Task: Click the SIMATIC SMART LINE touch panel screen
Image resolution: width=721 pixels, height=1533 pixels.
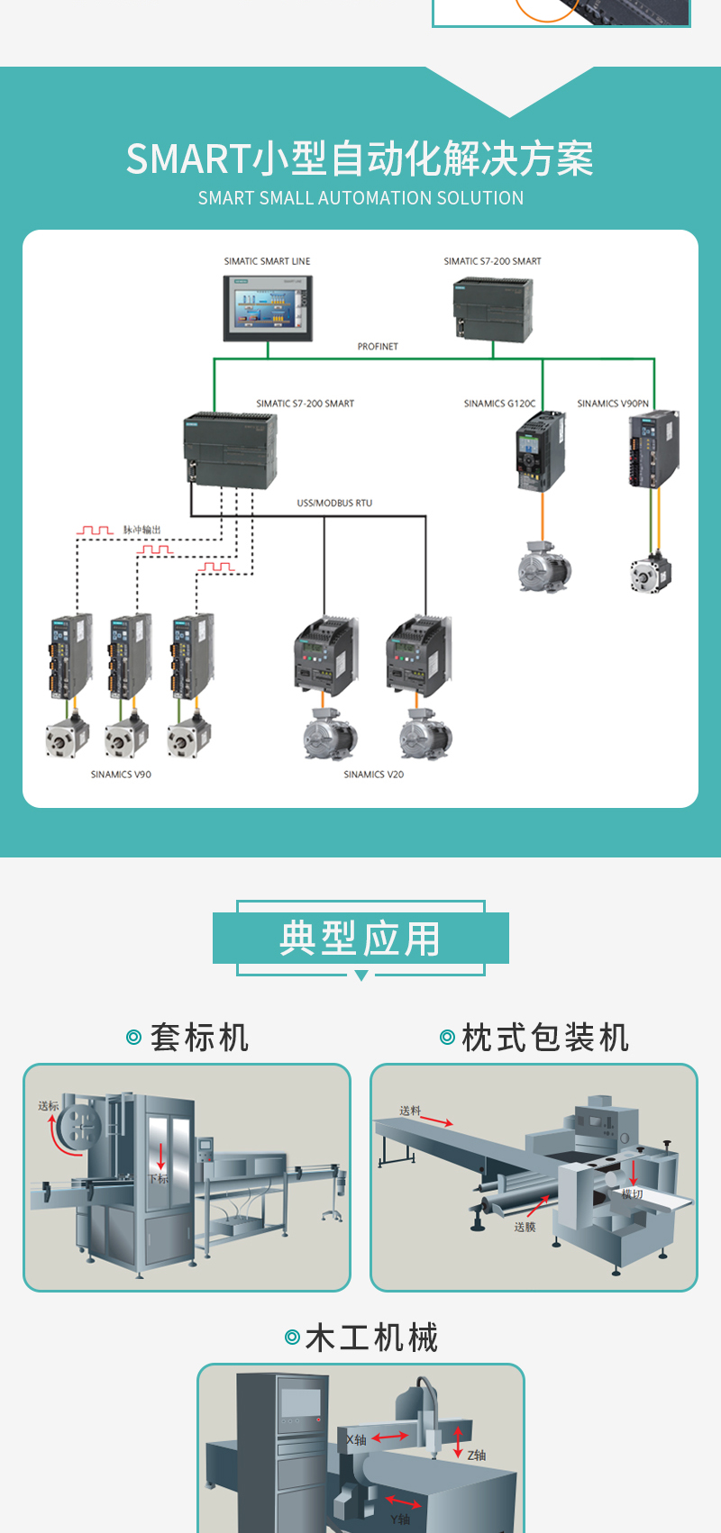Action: point(268,308)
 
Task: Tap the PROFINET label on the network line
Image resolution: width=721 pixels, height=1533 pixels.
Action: point(377,347)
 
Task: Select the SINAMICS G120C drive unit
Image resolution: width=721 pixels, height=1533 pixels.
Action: point(540,450)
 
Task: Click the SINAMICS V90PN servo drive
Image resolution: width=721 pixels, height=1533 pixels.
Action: point(653,449)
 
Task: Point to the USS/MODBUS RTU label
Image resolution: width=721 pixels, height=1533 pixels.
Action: point(334,503)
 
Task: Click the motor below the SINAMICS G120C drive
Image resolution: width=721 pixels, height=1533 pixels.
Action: point(543,567)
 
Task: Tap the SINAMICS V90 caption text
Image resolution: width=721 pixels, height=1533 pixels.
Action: point(121,775)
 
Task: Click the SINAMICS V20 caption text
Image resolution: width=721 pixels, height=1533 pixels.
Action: point(373,775)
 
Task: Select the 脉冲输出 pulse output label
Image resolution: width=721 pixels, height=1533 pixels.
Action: point(141,530)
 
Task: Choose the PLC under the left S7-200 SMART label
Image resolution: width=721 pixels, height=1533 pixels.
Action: point(230,449)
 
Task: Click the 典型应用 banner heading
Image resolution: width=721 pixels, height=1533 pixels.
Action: point(360,939)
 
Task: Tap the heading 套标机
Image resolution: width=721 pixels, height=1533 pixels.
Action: point(199,1038)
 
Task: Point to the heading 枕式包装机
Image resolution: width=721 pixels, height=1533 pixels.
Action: point(544,1038)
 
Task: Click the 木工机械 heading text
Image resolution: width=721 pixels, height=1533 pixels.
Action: point(371,1338)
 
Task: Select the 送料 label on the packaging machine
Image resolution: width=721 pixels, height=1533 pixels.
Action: point(410,1111)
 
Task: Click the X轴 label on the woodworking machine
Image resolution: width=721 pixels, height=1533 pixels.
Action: point(357,1440)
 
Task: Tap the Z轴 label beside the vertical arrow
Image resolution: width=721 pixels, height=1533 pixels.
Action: point(477,1455)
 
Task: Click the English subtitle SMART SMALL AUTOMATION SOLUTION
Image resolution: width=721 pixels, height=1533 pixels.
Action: point(360,198)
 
